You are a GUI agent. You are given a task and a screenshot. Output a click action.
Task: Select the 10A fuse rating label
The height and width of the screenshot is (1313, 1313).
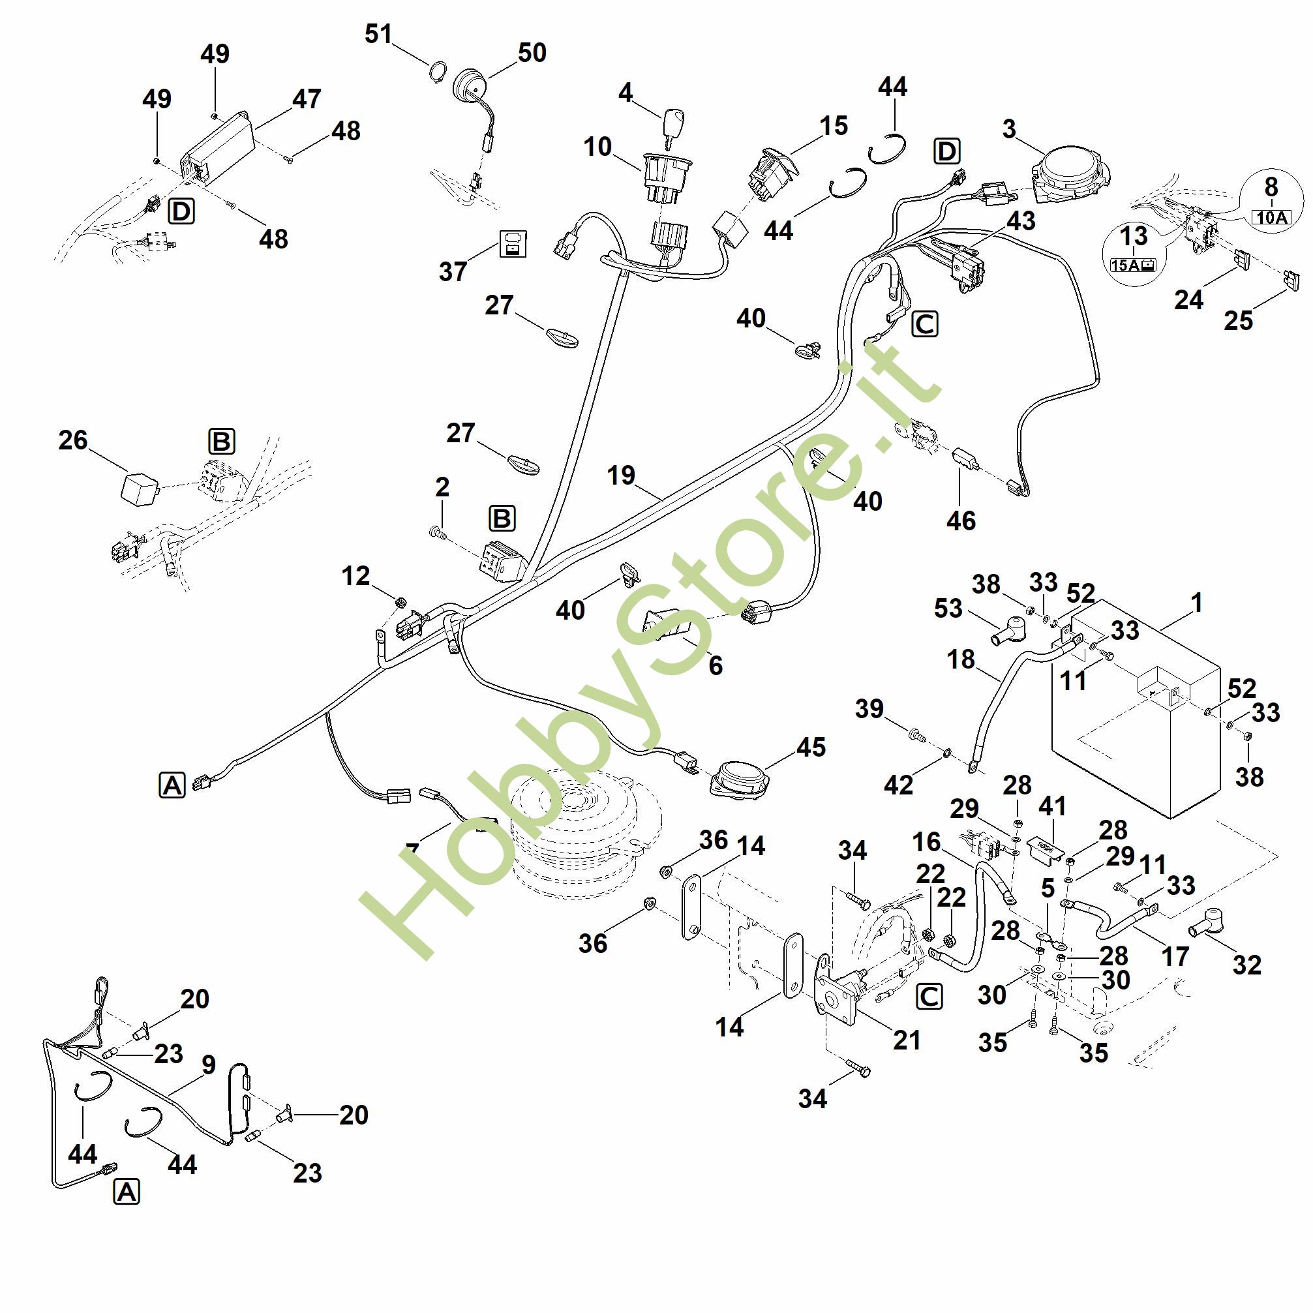pos(1271,217)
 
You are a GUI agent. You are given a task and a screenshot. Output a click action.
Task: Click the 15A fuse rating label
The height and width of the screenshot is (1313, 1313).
pos(1133,265)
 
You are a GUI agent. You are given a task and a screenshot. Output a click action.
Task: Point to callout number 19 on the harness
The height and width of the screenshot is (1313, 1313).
pos(620,475)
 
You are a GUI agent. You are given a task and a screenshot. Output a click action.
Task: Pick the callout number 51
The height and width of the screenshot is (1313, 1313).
pos(378,33)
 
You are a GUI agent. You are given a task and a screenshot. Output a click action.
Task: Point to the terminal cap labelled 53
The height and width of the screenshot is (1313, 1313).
pos(1010,629)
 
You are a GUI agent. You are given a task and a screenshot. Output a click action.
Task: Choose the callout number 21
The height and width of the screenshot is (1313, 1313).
pos(907,1040)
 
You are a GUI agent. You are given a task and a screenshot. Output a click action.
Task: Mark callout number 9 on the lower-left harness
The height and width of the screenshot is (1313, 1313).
pos(209,1064)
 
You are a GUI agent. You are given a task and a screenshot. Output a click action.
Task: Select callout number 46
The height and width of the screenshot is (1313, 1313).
pos(961,521)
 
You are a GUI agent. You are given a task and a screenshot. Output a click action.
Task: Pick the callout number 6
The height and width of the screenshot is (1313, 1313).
pos(716,665)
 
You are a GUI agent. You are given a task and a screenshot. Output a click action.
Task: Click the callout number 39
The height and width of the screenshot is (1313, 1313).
pos(869,709)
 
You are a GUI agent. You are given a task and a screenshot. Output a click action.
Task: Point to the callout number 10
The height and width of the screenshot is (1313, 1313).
pos(597,146)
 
